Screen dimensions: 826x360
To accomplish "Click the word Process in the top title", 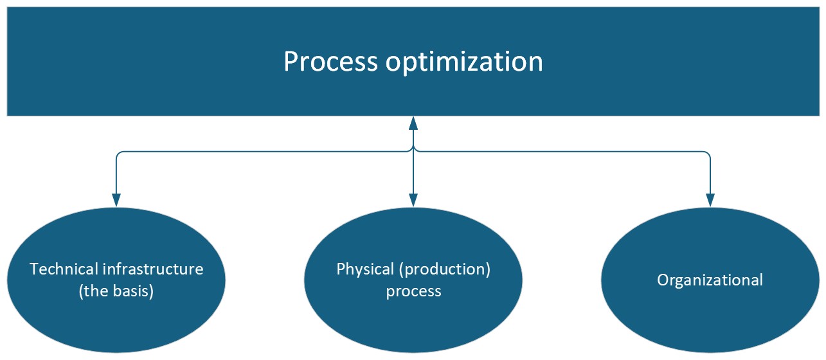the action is click(x=331, y=61).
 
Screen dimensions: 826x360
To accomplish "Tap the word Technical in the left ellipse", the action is click(x=64, y=269).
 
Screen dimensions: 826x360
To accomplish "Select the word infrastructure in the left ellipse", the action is click(x=152, y=269).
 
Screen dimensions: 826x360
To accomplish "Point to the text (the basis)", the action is click(x=116, y=291).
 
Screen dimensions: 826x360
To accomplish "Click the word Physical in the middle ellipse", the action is click(x=365, y=269).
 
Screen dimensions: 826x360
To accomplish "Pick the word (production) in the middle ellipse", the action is click(x=445, y=269).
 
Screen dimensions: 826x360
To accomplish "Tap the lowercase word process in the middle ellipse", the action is click(x=413, y=292).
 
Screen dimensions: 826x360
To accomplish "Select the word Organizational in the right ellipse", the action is click(x=710, y=280).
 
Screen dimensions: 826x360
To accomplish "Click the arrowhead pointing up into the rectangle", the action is click(x=413, y=123).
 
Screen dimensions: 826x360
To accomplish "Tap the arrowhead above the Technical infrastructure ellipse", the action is click(x=116, y=200).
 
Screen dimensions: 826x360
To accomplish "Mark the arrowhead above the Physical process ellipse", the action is click(x=413, y=200).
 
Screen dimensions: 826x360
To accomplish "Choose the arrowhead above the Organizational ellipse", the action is click(x=710, y=200).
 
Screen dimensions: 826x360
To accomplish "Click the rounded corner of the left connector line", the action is click(x=118, y=153).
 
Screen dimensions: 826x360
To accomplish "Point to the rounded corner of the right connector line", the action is click(x=708, y=153).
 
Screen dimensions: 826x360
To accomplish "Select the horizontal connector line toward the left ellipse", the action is click(x=264, y=151).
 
